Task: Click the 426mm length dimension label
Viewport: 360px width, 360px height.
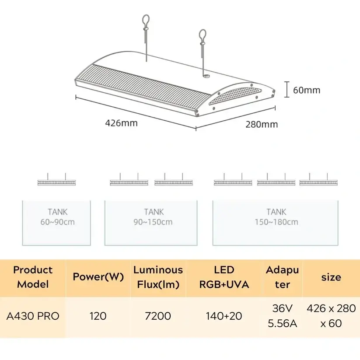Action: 121,123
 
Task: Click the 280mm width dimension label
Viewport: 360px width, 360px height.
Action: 261,124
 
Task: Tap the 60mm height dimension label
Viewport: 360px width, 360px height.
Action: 306,91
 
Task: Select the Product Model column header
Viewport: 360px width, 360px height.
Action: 33,277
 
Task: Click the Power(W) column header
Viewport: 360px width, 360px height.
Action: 98,277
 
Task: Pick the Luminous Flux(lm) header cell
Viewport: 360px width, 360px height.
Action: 158,277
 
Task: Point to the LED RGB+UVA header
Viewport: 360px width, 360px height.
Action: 224,277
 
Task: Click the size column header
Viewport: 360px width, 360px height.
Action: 331,277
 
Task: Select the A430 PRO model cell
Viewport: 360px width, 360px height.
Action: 33,316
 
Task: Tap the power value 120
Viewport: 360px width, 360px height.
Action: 98,316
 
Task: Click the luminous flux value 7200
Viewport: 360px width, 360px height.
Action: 158,316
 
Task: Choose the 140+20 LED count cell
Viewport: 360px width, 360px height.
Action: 224,316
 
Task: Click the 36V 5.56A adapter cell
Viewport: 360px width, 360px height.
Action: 282,316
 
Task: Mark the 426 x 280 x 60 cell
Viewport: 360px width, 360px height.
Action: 331,316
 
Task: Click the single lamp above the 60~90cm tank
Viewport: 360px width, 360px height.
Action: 57,182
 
